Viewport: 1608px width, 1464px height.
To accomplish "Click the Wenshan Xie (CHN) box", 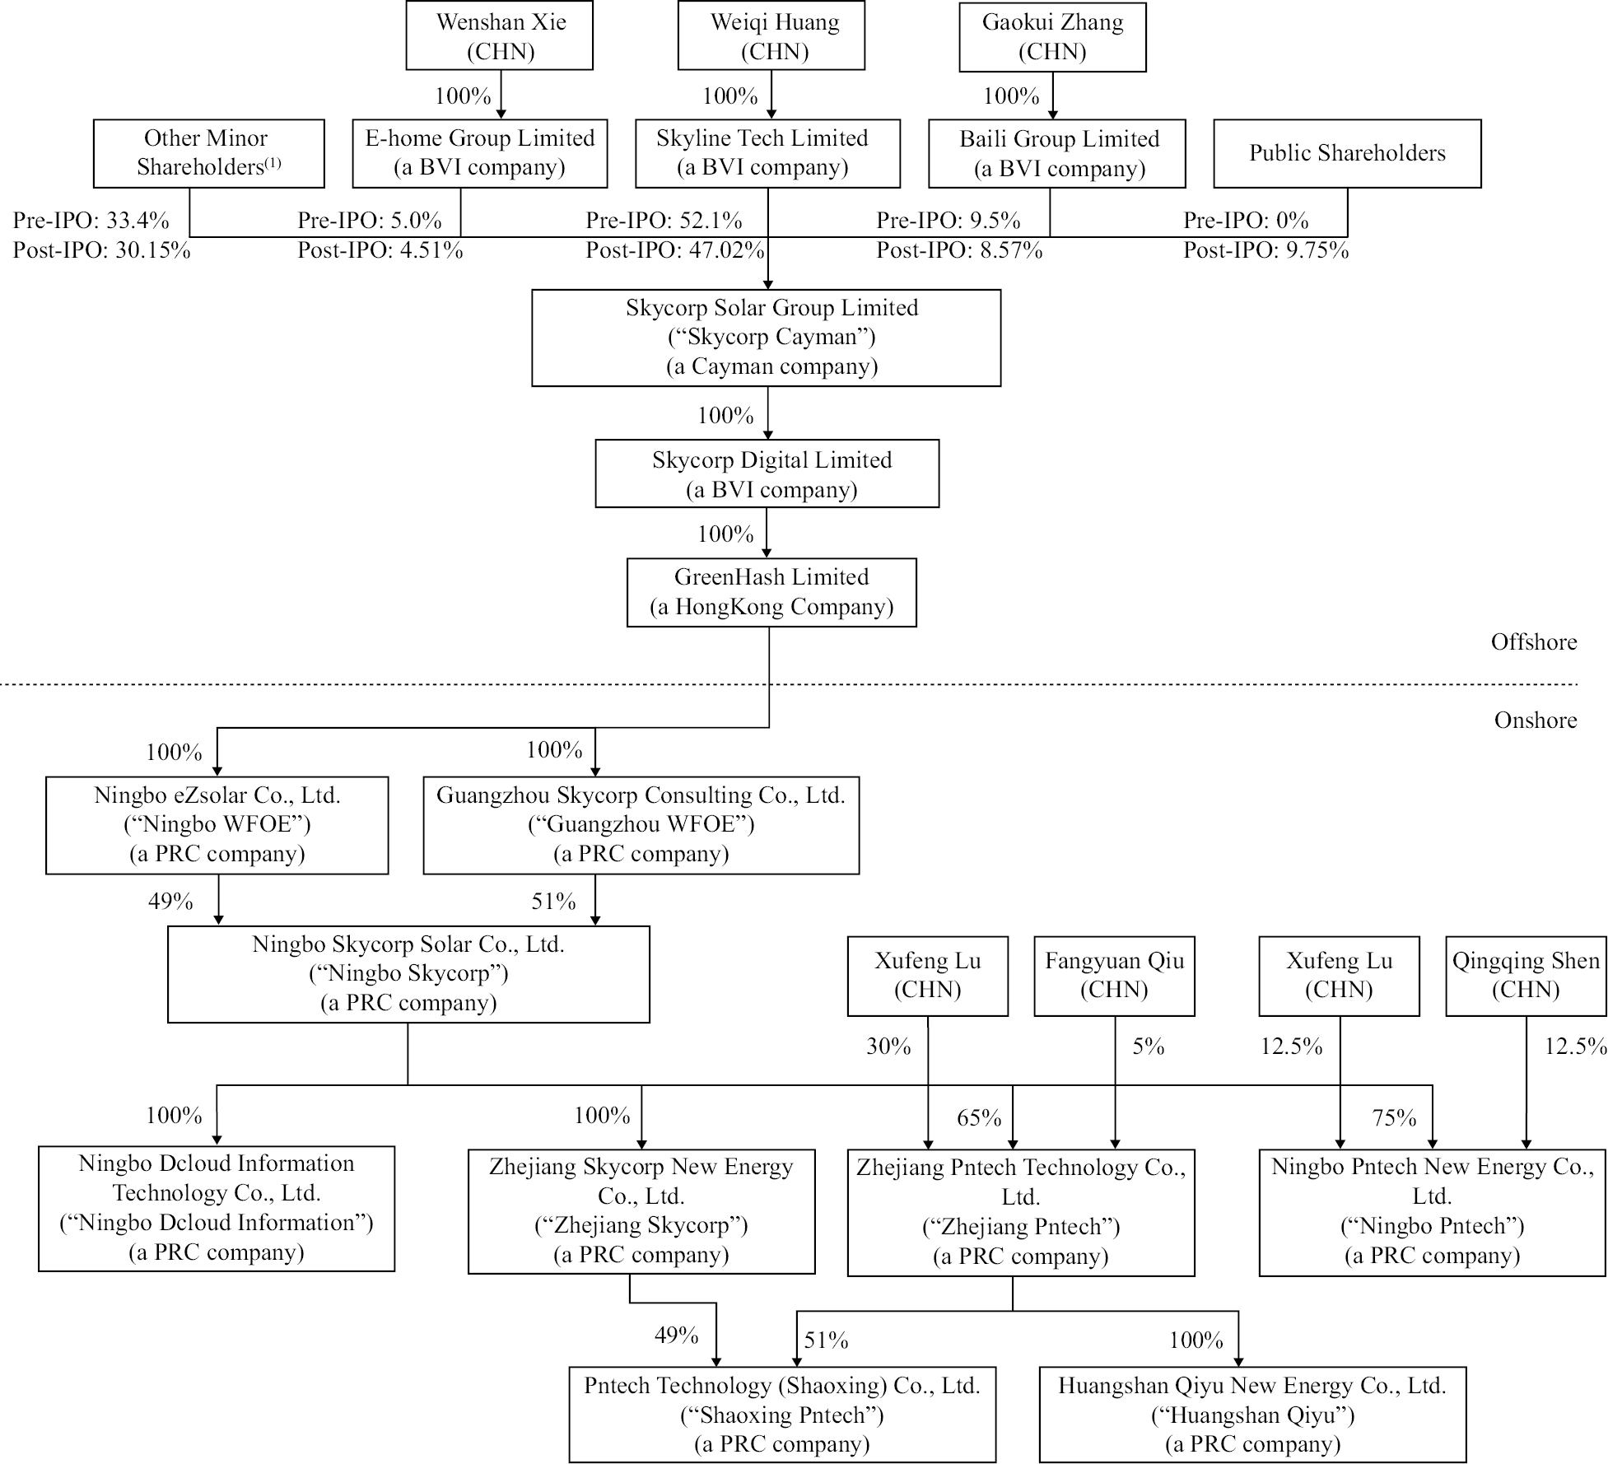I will [499, 36].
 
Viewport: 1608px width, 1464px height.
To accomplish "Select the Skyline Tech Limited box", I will [767, 153].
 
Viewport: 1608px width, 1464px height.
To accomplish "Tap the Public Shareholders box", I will [1346, 153].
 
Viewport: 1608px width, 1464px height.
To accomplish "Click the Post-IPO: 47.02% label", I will [675, 250].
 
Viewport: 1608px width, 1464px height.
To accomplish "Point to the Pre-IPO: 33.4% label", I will [91, 221].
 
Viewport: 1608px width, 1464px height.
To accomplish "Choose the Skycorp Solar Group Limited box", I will [766, 338].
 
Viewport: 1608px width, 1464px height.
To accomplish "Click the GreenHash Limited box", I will [771, 592].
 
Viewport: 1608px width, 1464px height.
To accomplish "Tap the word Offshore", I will [1533, 642].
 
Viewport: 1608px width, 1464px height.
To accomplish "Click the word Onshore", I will [1535, 720].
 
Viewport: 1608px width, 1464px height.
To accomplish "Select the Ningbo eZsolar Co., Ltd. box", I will [217, 824].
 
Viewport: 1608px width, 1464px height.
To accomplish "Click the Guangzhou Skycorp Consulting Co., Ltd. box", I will [641, 824].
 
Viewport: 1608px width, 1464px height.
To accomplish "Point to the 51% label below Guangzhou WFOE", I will [553, 902].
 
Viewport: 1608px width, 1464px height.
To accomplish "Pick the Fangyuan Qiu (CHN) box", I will [1113, 975].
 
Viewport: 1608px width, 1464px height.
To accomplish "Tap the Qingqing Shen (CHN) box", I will [1525, 975].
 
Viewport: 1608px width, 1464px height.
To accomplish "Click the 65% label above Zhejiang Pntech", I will [979, 1118].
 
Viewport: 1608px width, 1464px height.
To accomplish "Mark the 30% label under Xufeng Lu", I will [888, 1047].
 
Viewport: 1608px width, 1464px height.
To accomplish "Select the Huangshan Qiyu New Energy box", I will [1251, 1415].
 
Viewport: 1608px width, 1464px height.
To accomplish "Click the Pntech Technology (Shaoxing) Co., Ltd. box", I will [781, 1415].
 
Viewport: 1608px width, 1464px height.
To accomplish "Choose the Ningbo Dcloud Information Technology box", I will [216, 1208].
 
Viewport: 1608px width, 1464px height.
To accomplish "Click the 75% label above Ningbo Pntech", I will [1394, 1118].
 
